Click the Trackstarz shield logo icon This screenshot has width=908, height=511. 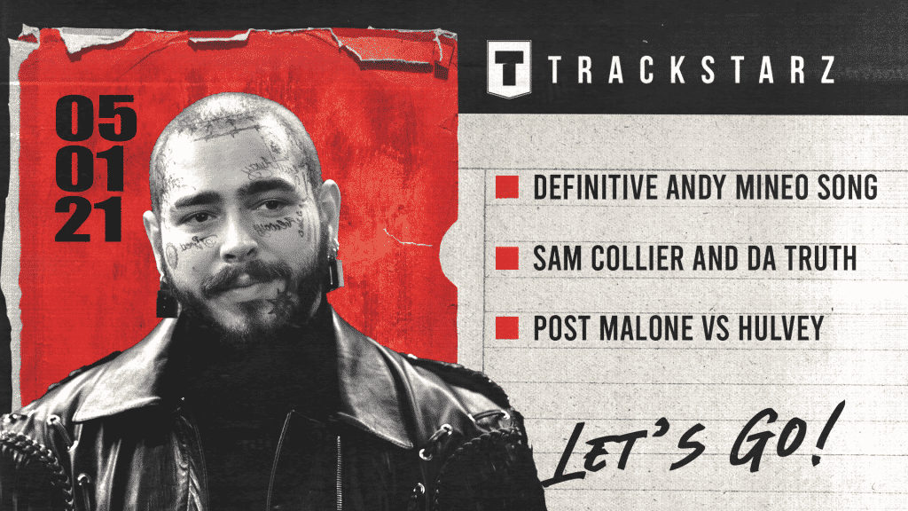point(509,69)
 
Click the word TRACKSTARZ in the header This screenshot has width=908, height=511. point(692,71)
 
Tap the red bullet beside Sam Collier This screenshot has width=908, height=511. point(507,258)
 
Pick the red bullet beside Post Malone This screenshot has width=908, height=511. point(507,329)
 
